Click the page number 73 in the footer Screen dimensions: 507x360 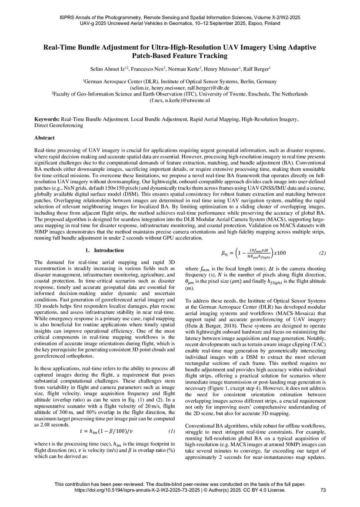323,490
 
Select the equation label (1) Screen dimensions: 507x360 171,431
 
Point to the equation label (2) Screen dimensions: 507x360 322,252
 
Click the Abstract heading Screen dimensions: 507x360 44,138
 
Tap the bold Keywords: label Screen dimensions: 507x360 47,119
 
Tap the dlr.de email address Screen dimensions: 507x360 180,87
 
